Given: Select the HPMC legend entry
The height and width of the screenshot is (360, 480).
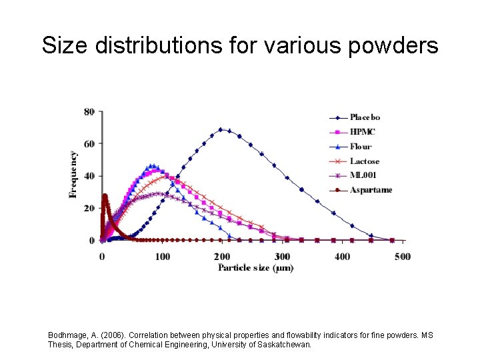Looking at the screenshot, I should tap(362, 132).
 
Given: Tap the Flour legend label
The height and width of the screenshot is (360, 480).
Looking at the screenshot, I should tap(360, 147).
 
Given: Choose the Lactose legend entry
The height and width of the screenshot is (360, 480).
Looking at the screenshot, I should tap(364, 161).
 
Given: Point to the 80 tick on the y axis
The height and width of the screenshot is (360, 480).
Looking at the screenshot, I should tap(89, 112).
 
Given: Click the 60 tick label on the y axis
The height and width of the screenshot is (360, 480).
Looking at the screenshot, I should tap(89, 144).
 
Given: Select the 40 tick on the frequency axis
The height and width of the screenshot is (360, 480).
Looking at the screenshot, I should tap(89, 176).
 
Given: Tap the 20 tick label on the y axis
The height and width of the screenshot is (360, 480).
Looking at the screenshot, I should tap(89, 208).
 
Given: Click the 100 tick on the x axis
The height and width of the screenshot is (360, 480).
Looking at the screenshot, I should tap(162, 257).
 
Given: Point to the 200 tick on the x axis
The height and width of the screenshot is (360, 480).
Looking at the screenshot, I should tap(222, 257).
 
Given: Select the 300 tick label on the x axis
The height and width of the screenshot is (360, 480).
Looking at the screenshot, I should tap(282, 257).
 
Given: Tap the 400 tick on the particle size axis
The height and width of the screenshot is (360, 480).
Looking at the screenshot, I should tap(342, 257).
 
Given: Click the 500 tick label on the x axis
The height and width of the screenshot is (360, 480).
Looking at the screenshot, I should tap(402, 257).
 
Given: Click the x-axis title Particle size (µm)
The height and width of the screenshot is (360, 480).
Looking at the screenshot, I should tap(256, 268).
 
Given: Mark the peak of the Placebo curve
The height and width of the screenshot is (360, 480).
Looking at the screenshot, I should tap(221, 129).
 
